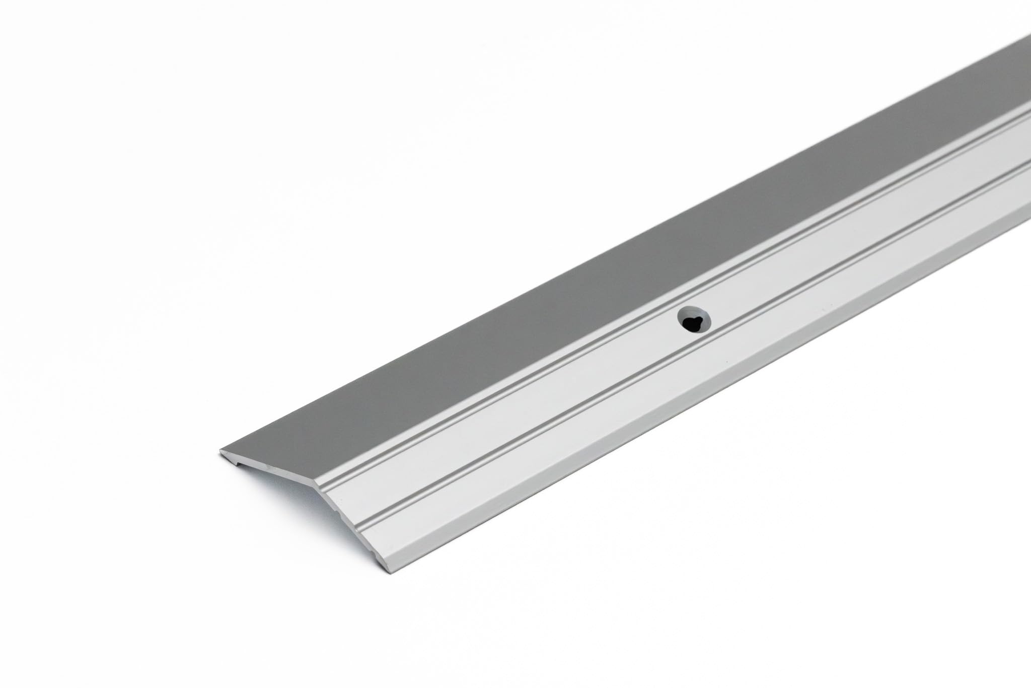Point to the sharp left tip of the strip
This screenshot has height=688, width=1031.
[x=220, y=449]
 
